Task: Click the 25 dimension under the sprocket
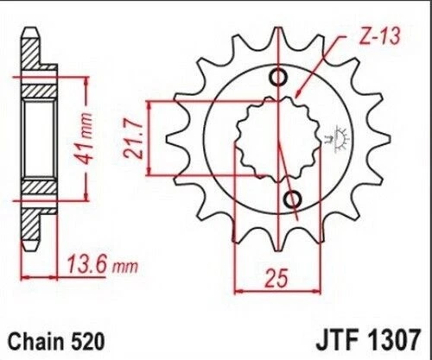pyautogui.click(x=275, y=279)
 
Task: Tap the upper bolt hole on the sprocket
pyautogui.click(x=279, y=79)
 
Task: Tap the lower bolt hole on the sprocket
pyautogui.click(x=292, y=200)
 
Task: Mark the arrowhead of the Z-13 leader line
pyautogui.click(x=297, y=95)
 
